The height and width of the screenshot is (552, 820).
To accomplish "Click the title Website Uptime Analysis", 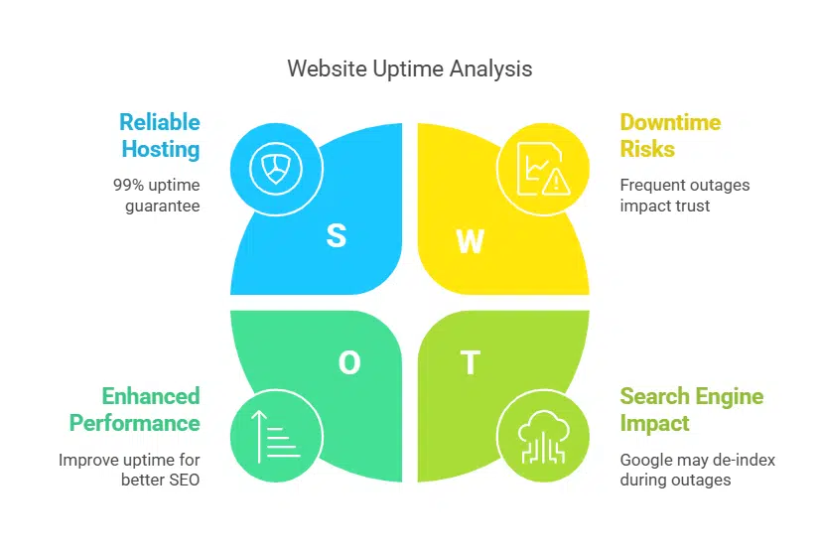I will [409, 69].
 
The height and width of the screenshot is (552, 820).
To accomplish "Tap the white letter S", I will [337, 236].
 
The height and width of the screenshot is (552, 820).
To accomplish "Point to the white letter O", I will [349, 363].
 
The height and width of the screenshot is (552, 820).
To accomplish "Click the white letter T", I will [470, 363].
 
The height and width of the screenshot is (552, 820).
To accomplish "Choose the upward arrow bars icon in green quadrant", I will [275, 436].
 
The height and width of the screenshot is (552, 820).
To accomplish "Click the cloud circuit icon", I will [541, 436].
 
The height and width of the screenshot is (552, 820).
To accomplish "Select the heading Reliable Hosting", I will [160, 136].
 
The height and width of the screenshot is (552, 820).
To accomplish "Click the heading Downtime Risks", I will [670, 136].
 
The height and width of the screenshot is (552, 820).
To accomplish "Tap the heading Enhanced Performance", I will [134, 409].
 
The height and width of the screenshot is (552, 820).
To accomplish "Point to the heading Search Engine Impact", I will [692, 409].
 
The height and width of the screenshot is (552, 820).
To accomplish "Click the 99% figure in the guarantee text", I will [128, 185].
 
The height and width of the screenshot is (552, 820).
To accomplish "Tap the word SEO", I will [182, 480].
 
